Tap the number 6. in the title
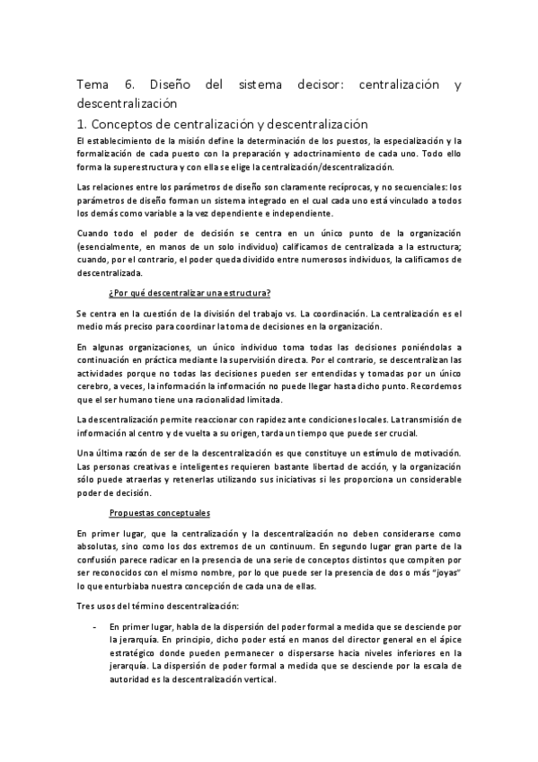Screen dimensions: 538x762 pyautogui.click(x=130, y=85)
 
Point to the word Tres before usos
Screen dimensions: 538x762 pyautogui.click(x=86, y=606)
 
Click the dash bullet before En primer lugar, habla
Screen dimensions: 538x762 pyautogui.click(x=93, y=625)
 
